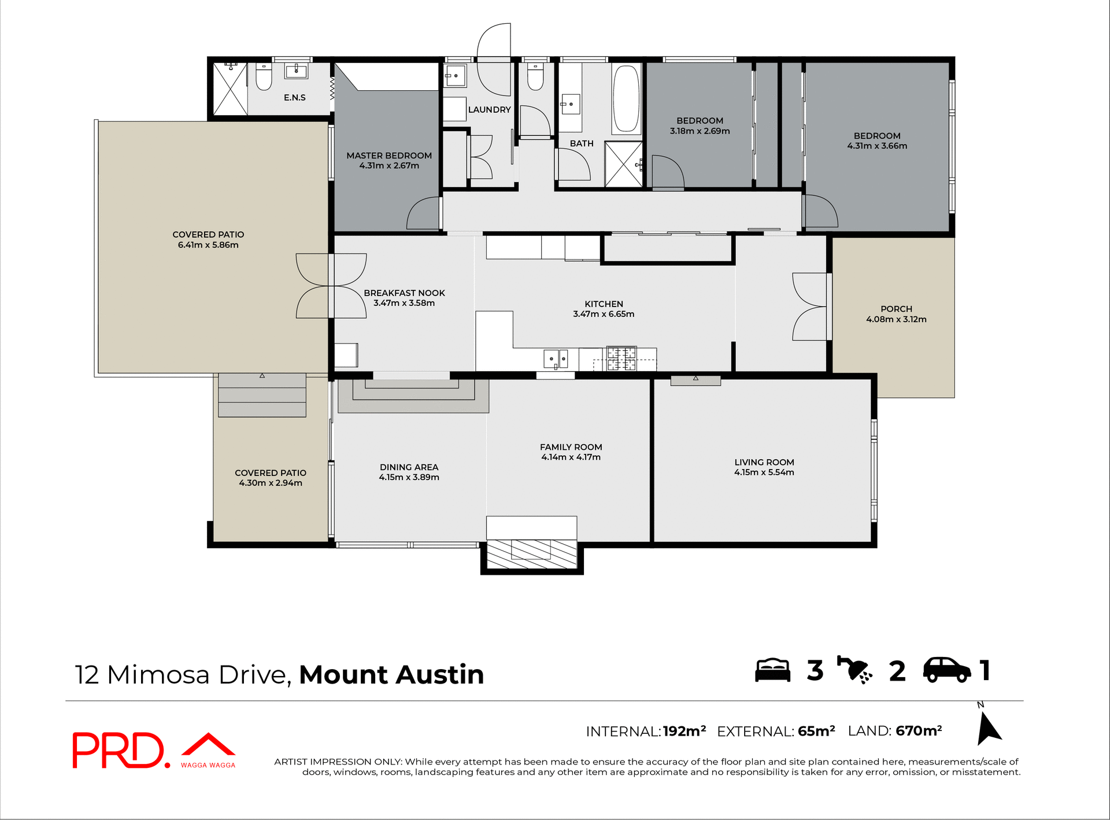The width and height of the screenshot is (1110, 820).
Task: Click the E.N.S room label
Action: tap(294, 98)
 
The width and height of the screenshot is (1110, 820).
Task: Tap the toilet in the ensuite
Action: tap(264, 77)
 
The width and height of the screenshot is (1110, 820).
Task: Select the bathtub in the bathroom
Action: tap(626, 99)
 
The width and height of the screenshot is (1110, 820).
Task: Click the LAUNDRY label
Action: tap(489, 110)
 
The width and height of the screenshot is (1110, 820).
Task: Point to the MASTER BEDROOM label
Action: tap(389, 156)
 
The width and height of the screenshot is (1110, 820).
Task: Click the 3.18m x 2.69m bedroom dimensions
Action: tap(700, 131)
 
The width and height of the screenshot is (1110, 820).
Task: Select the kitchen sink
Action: tap(555, 359)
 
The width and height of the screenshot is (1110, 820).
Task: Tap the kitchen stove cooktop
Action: tap(621, 359)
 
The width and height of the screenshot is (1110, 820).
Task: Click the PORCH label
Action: tap(896, 309)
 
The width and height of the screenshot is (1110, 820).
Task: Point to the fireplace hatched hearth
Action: tap(531, 554)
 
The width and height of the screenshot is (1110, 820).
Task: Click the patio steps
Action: tap(262, 396)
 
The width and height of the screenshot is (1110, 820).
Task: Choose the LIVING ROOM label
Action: tap(764, 462)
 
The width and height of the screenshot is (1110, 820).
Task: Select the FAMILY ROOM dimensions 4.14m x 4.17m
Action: tap(571, 457)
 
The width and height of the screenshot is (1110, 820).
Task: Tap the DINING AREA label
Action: tap(409, 467)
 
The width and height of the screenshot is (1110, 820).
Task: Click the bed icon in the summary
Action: tap(772, 671)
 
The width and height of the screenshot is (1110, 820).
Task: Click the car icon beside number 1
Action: tap(946, 670)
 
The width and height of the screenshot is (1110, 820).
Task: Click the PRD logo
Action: tap(119, 750)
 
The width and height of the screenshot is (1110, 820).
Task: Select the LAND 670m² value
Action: tap(919, 731)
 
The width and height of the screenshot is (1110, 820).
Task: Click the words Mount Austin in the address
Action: tap(391, 675)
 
